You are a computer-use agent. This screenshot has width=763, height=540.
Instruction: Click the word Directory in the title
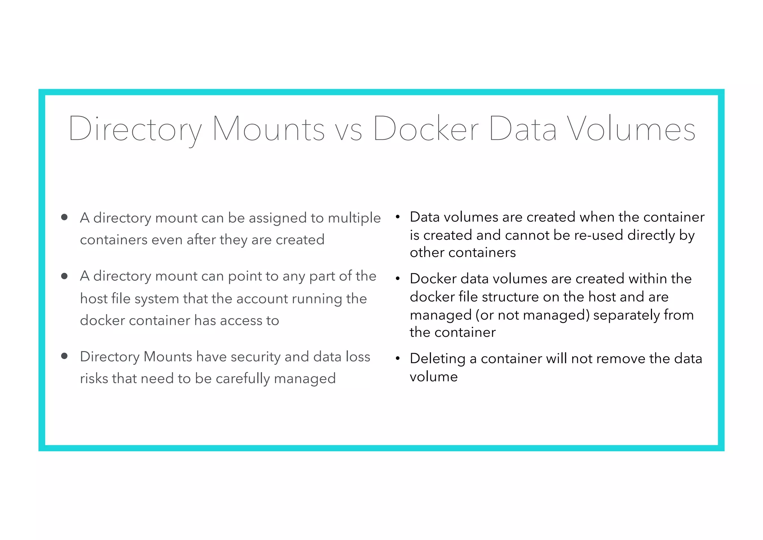tap(135, 129)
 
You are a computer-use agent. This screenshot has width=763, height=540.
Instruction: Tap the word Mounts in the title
tap(269, 129)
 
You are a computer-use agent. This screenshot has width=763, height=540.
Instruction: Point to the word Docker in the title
tap(426, 129)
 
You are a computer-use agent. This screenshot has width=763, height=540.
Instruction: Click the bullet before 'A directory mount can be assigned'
tap(64, 217)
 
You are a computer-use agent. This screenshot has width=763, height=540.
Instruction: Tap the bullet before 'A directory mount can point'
tap(64, 276)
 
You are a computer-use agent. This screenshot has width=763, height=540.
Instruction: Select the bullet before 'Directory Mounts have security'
tap(64, 356)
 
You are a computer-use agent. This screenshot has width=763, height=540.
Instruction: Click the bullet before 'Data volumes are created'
tap(398, 217)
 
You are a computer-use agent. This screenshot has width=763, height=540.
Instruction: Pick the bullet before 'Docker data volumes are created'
tap(398, 278)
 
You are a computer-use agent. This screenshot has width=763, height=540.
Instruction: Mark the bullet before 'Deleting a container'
tap(398, 358)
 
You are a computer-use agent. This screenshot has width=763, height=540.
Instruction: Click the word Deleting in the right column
tap(437, 359)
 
